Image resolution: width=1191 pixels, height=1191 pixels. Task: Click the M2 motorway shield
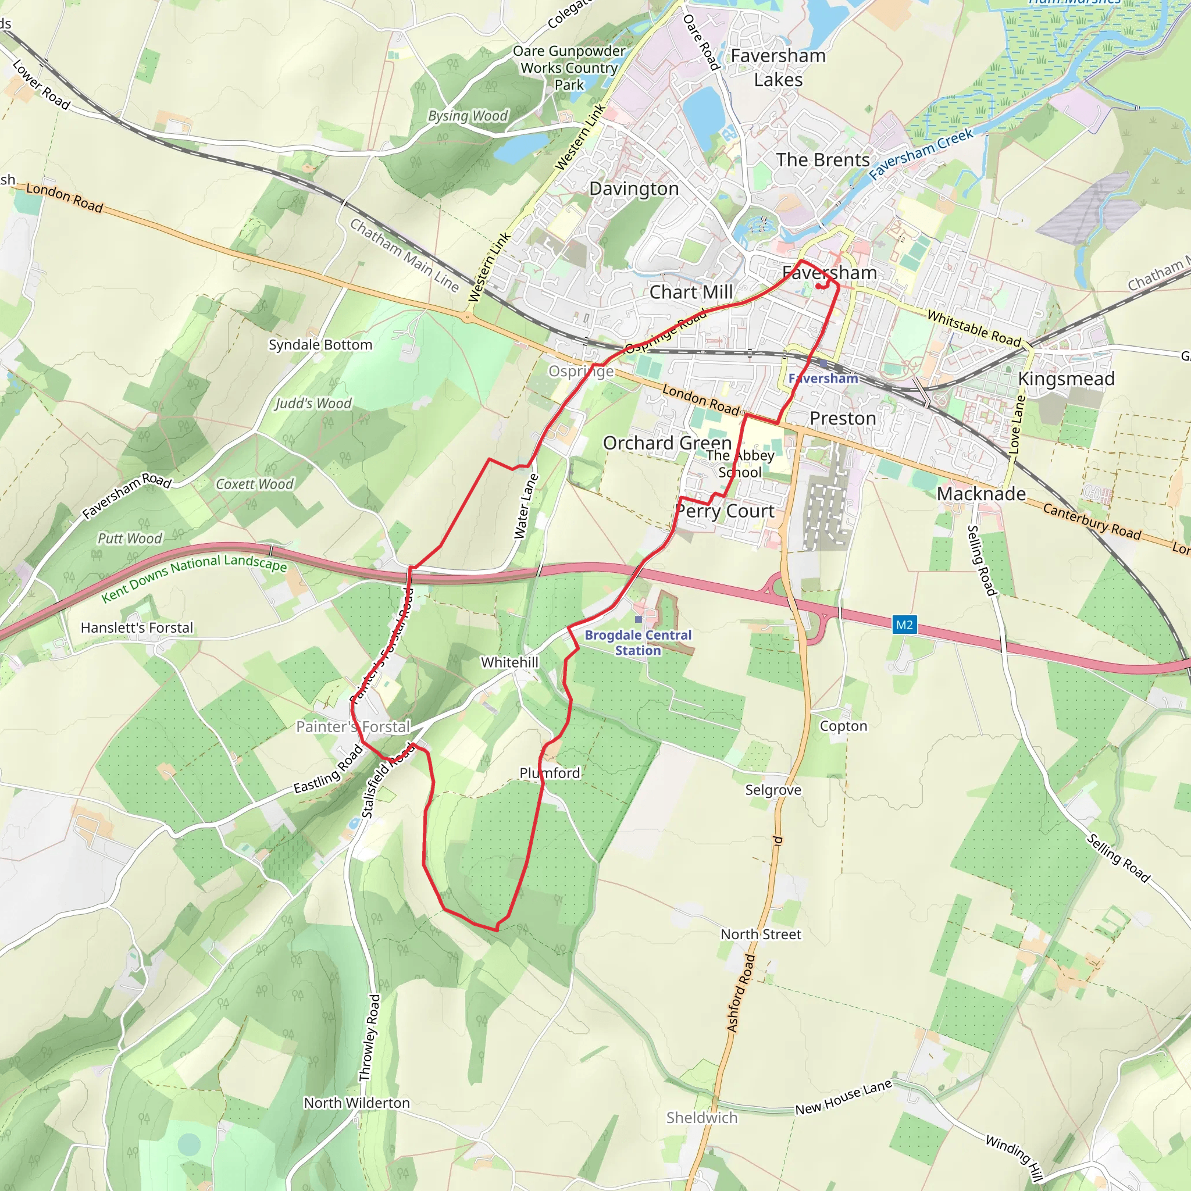(904, 625)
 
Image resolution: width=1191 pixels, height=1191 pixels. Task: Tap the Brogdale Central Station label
(638, 643)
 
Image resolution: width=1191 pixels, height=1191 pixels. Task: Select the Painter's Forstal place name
(352, 727)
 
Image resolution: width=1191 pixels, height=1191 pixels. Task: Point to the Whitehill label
(510, 662)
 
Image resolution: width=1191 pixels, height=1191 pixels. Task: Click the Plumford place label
(550, 773)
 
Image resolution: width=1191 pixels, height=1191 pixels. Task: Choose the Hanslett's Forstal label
(137, 627)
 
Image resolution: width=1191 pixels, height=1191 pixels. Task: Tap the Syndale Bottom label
(320, 345)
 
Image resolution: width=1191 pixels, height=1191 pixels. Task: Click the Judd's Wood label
(313, 403)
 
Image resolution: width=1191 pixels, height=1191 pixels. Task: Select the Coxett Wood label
(255, 484)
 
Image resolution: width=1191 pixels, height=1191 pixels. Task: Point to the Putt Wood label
(130, 538)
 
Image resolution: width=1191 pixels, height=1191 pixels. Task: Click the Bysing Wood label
(468, 116)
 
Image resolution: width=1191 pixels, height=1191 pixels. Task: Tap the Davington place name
(634, 188)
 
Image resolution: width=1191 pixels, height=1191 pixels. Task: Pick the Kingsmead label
(1066, 379)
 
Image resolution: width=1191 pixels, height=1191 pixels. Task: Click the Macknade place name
(981, 494)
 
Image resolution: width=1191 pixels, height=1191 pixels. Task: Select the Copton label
(843, 726)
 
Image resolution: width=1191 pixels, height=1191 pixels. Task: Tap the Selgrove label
(773, 790)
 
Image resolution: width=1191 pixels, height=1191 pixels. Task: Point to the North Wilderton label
(356, 1103)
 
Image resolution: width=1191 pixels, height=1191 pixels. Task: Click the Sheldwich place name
(701, 1118)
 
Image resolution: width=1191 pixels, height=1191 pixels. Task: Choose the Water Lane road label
(526, 507)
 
